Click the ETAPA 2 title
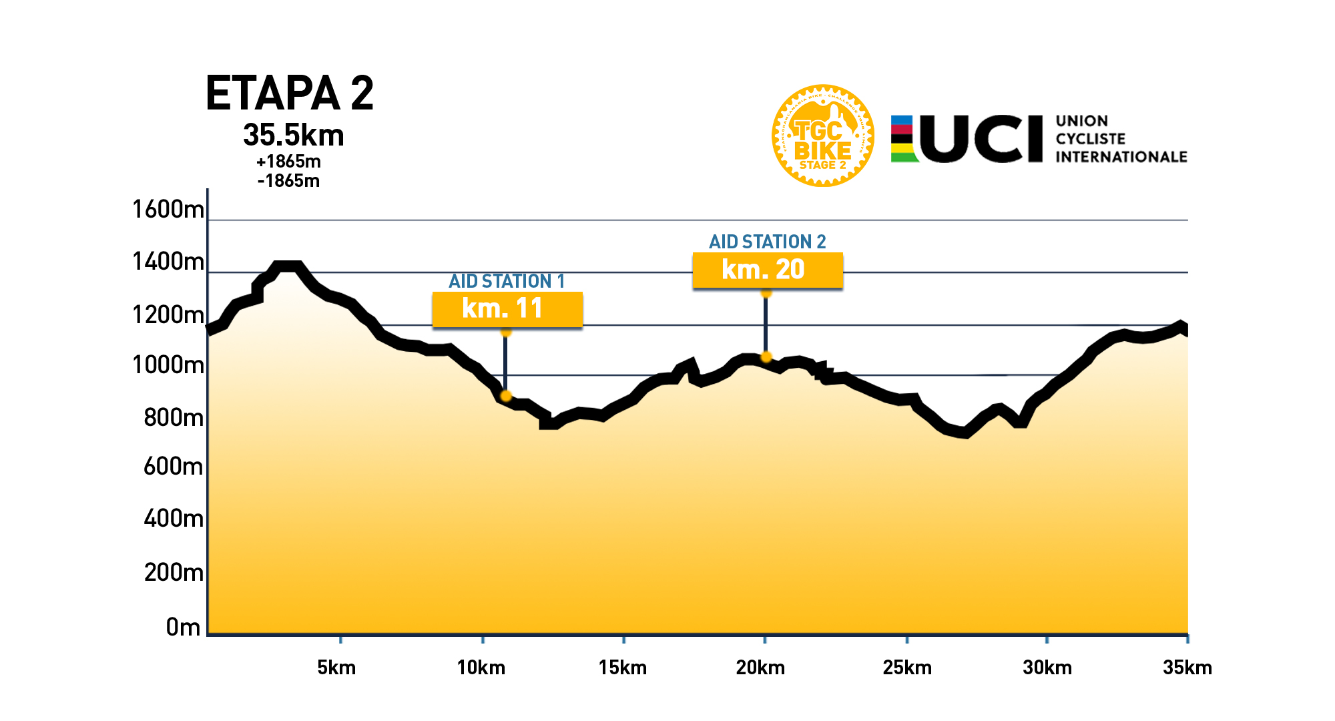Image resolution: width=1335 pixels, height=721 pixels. tap(289, 93)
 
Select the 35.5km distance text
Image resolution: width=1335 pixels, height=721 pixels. tap(293, 136)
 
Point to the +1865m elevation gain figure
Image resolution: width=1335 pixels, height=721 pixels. tap(288, 162)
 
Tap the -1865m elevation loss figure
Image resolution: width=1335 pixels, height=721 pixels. tap(288, 181)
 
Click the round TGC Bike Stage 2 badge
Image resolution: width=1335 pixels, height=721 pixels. tap(822, 136)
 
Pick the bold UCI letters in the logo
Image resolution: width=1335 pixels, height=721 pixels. tap(981, 139)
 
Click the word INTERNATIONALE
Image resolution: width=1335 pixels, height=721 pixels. tap(1121, 157)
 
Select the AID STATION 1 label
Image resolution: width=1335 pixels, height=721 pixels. tap(507, 281)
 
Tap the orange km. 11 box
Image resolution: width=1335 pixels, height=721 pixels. tap(507, 309)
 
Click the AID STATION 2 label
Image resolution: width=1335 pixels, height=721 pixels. tap(767, 242)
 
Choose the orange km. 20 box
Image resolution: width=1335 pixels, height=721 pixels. tap(768, 270)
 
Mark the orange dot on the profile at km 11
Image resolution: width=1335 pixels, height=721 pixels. tap(505, 396)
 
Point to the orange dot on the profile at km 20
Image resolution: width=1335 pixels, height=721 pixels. tap(766, 356)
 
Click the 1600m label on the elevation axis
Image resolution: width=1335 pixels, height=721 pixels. tap(168, 210)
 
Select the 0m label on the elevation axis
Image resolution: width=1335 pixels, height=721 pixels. tap(183, 627)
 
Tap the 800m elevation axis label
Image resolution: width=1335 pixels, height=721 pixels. tap(173, 418)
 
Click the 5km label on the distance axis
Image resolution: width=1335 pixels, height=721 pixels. tap(336, 668)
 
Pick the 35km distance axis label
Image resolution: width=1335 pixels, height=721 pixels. tap(1187, 668)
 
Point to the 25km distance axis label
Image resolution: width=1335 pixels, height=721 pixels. tap(906, 668)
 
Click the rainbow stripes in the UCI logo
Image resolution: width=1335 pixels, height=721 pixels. tap(904, 139)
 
